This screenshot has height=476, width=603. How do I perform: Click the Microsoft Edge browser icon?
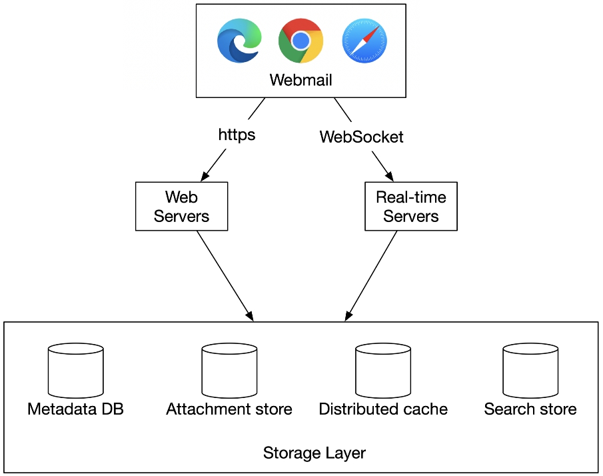pyautogui.click(x=239, y=41)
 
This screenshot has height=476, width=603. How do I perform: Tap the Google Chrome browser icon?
pyautogui.click(x=301, y=41)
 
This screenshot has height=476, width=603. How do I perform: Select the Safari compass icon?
pyautogui.click(x=364, y=41)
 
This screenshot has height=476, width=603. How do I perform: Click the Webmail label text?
pyautogui.click(x=301, y=80)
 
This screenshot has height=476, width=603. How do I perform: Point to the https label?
pyautogui.click(x=237, y=135)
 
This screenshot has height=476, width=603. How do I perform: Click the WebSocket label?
pyautogui.click(x=362, y=137)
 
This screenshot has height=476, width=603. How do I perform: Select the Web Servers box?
pyautogui.click(x=181, y=206)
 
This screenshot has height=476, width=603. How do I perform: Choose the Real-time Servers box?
pyautogui.click(x=411, y=206)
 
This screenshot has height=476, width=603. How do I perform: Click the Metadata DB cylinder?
pyautogui.click(x=76, y=371)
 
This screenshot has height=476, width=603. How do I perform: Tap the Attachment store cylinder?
pyautogui.click(x=229, y=371)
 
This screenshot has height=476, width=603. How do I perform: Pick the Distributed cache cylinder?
pyautogui.click(x=383, y=371)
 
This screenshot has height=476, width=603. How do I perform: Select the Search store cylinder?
pyautogui.click(x=530, y=371)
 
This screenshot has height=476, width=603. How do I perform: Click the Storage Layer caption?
pyautogui.click(x=314, y=453)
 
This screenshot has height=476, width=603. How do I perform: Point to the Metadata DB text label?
pyautogui.click(x=75, y=409)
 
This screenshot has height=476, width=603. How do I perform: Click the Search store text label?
pyautogui.click(x=530, y=409)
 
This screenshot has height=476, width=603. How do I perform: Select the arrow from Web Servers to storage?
pyautogui.click(x=225, y=276)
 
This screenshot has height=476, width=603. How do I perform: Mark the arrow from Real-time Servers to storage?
pyautogui.click(x=370, y=276)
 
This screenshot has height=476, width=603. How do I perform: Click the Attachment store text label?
pyautogui.click(x=229, y=409)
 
